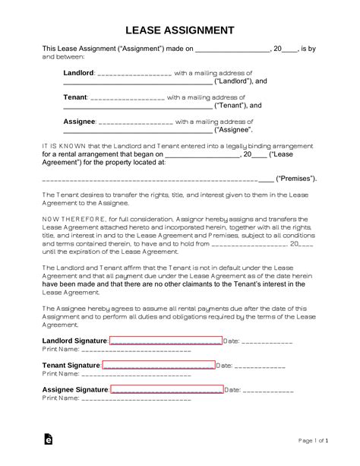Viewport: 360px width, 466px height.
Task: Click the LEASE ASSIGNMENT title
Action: pos(180,30)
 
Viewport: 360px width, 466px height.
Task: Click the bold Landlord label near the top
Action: pos(79,73)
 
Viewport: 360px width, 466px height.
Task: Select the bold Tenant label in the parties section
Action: pos(76,97)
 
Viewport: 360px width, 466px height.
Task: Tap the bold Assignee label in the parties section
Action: pos(80,122)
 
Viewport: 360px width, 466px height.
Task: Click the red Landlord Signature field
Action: pos(166,341)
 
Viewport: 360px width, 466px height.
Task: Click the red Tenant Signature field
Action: pos(158,366)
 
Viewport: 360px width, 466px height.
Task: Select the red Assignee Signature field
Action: pos(166,390)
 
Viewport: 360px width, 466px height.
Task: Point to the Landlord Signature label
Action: pos(74,341)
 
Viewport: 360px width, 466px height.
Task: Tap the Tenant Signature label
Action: pos(71,366)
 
